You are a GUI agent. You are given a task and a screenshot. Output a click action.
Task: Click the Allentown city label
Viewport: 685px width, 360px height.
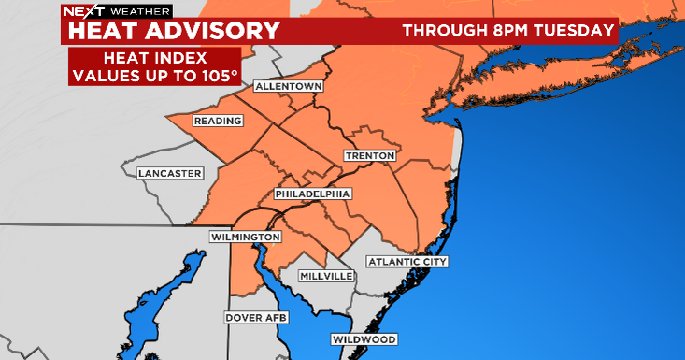[288, 87]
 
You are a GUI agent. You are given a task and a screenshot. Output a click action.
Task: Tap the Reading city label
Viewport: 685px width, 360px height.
[218, 121]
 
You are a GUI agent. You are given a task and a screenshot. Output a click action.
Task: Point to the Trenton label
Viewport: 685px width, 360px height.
[370, 155]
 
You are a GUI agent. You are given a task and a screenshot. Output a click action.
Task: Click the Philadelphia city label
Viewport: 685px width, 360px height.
[313, 194]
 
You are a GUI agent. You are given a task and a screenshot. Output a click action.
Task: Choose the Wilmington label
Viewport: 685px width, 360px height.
[246, 238]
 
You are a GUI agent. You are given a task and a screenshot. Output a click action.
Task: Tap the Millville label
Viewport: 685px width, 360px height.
[326, 277]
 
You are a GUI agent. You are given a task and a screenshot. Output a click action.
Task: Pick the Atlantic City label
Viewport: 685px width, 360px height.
[407, 261]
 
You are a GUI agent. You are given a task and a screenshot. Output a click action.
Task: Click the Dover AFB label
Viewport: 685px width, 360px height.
[256, 318]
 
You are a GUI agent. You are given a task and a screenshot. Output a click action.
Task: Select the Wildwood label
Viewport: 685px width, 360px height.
[364, 339]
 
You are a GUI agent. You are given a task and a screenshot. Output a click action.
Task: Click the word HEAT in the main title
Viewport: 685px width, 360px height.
[103, 30]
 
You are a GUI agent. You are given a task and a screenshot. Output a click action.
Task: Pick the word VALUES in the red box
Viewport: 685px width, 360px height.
[106, 76]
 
